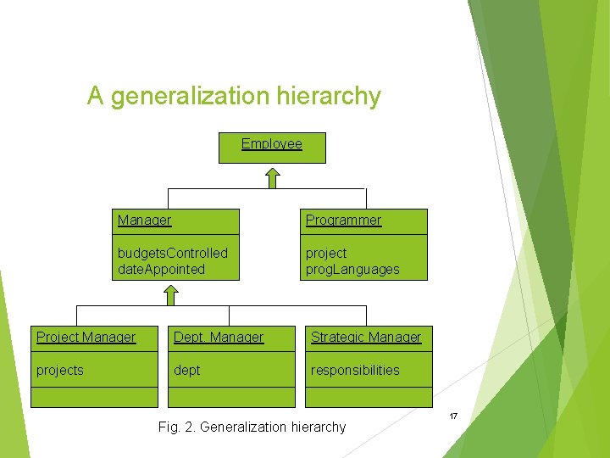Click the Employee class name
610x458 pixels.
coord(271,144)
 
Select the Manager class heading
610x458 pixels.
coord(144,221)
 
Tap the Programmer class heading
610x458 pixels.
coord(343,221)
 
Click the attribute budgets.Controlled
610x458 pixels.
coord(172,253)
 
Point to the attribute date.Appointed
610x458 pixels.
coord(161,269)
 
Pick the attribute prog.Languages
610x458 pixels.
coord(352,269)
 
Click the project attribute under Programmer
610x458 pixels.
coord(326,253)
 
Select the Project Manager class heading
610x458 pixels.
coord(86,338)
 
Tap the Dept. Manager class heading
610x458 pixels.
coord(219,338)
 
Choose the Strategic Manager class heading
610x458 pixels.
coord(366,338)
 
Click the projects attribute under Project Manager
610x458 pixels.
coord(59,370)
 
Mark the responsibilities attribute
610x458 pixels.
coord(355,370)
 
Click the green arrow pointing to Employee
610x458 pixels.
coord(271,177)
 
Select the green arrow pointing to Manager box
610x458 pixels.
coord(170,294)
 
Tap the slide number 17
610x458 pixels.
coord(453,416)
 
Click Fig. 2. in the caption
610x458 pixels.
coord(177,427)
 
